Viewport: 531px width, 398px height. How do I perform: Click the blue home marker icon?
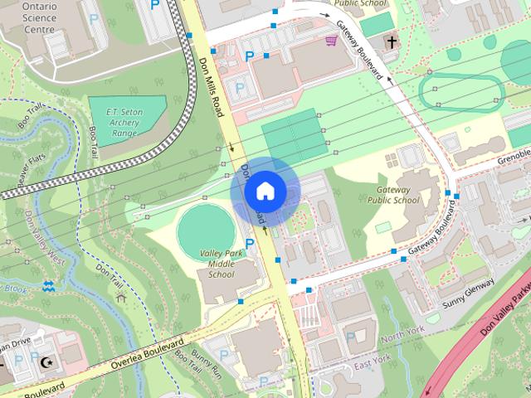265,191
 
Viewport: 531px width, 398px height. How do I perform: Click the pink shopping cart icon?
331,40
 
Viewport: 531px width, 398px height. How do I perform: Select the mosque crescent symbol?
46,362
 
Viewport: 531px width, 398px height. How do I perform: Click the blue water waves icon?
49,287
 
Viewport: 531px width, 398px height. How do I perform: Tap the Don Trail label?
108,273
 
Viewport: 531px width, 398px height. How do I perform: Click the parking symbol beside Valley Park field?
249,244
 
